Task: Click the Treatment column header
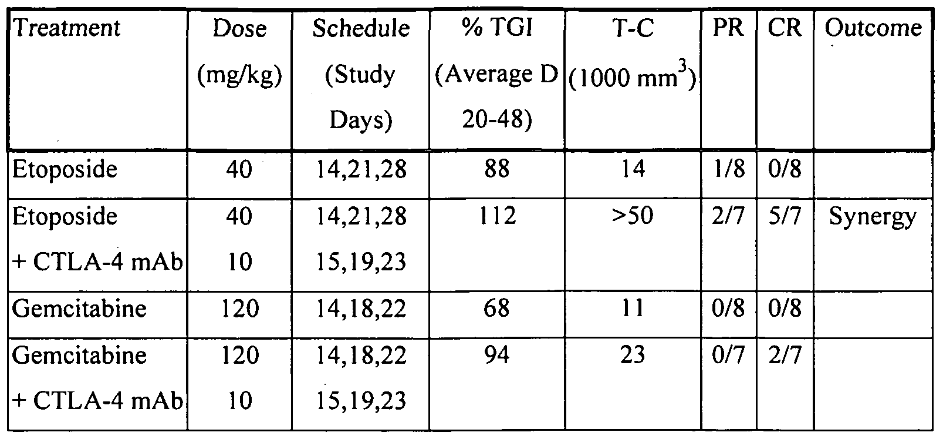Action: coord(66,28)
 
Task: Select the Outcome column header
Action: coord(873,28)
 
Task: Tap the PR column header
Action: coord(728,28)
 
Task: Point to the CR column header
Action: coord(785,28)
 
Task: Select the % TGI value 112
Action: coord(496,216)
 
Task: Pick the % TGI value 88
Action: coord(496,170)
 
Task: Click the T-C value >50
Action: coord(632,216)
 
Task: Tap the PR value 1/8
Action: coord(728,170)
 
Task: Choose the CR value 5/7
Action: coord(785,216)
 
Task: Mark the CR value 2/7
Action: coord(785,355)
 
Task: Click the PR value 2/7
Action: coord(728,216)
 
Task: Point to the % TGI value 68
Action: coord(496,309)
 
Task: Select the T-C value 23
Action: coord(632,355)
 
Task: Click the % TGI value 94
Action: coord(496,355)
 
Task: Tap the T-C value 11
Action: coord(632,309)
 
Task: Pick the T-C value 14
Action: coord(632,170)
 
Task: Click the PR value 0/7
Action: coord(728,355)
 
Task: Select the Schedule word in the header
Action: coord(361,28)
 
